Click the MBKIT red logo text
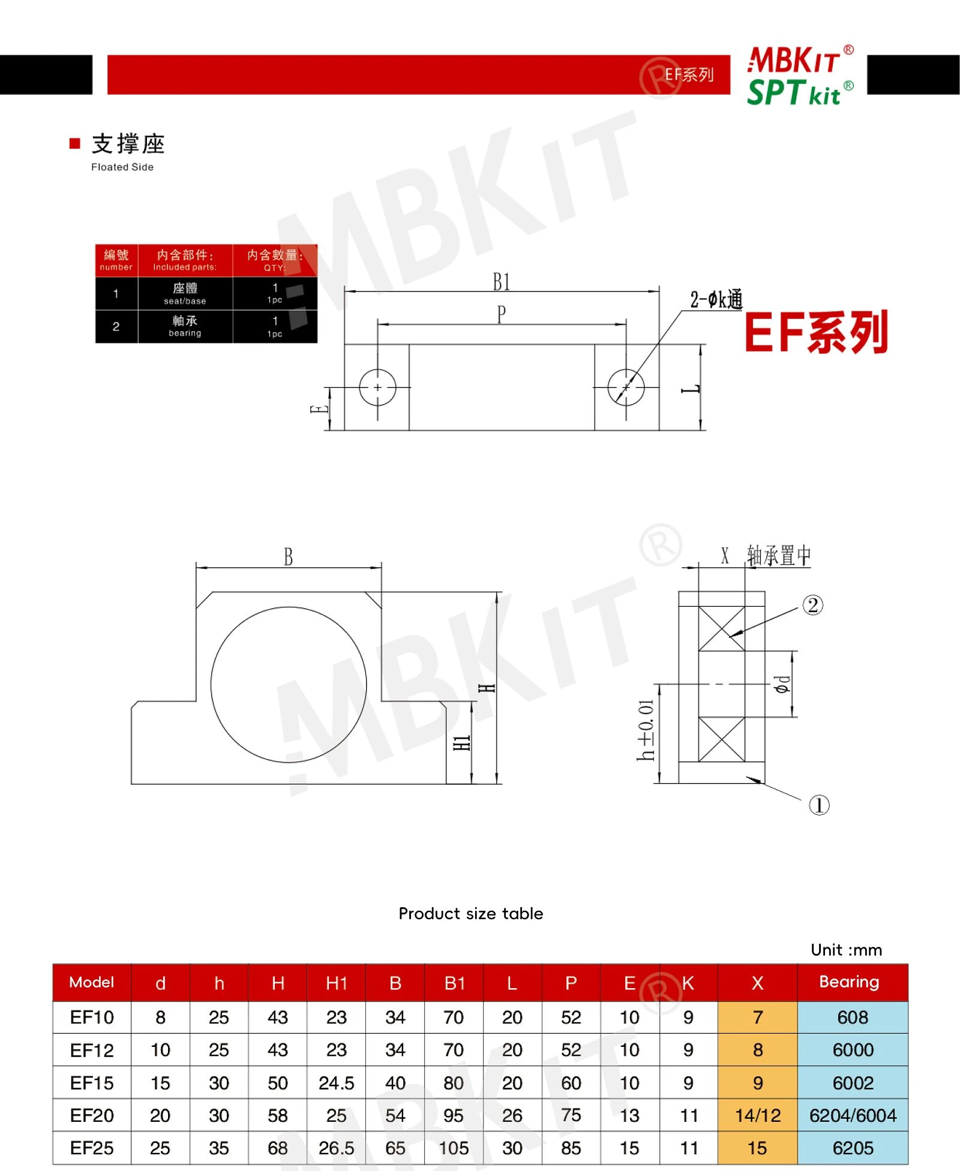coord(794,60)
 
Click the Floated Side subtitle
coord(122,167)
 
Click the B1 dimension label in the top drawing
coord(502,282)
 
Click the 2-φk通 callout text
coord(716,299)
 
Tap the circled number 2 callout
coord(813,605)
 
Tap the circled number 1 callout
coord(819,805)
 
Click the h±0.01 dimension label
coord(646,730)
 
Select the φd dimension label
coord(782,684)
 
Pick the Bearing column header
coord(850,982)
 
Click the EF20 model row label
coord(92,1115)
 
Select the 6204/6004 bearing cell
coord(853,1115)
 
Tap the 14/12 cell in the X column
coord(758,1115)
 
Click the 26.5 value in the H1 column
coord(336,1148)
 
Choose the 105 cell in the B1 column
coord(454,1148)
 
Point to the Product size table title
coord(471,913)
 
